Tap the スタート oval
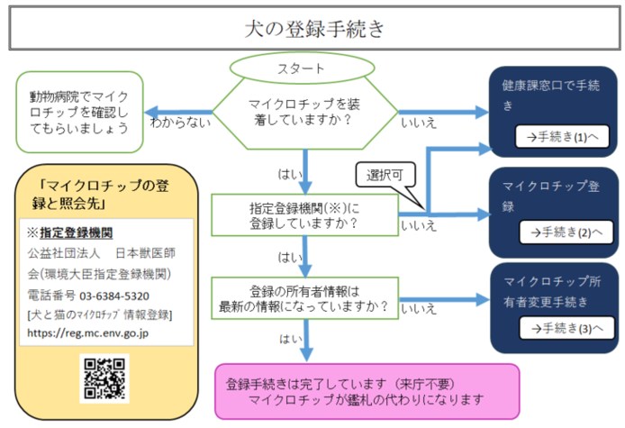pyautogui.click(x=303, y=68)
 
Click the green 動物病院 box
pyautogui.click(x=79, y=111)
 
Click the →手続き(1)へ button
pyautogui.click(x=559, y=137)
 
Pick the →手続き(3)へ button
pyautogui.click(x=559, y=328)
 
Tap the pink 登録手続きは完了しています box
pyautogui.click(x=367, y=391)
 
